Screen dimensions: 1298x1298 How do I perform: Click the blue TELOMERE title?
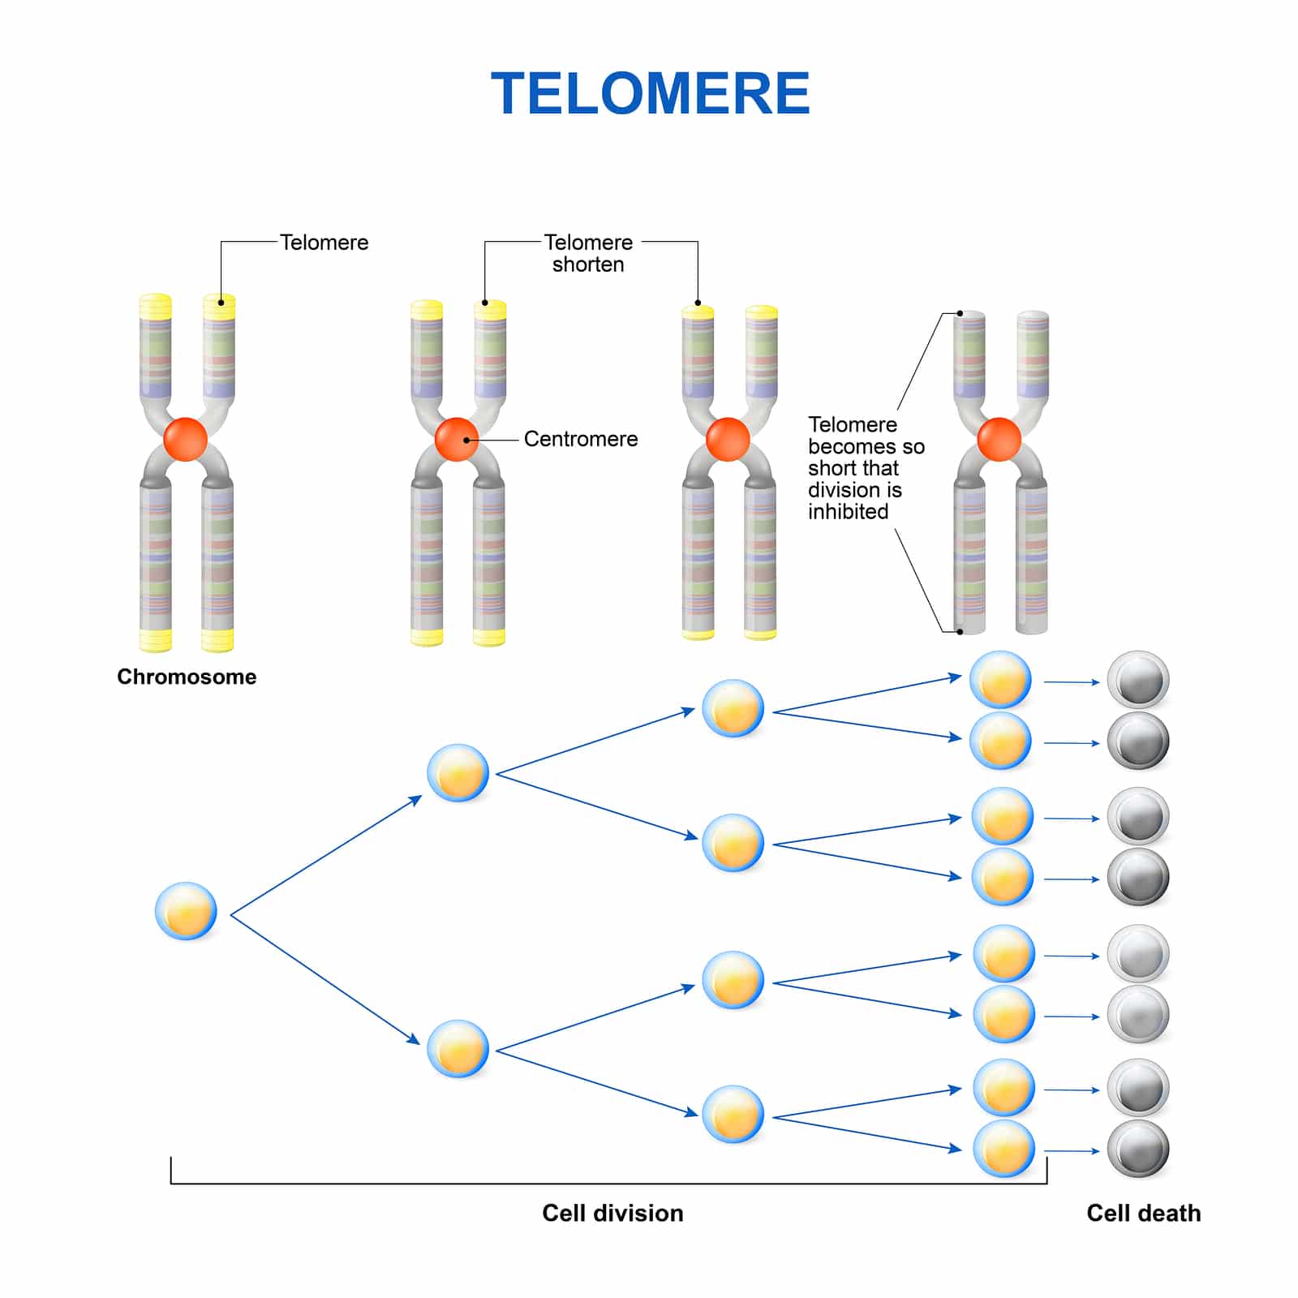pyautogui.click(x=650, y=93)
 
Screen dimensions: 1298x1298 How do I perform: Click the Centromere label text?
pyautogui.click(x=580, y=439)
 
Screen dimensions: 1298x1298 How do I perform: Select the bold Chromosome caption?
pyautogui.click(x=187, y=677)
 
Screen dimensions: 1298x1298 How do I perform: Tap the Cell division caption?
pyautogui.click(x=612, y=1213)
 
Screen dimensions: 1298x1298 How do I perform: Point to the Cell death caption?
pyautogui.click(x=1143, y=1213)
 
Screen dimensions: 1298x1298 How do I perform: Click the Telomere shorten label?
pyautogui.click(x=588, y=253)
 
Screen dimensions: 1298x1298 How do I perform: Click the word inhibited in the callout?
pyautogui.click(x=848, y=512)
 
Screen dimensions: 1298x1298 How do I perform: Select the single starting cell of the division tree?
pyautogui.click(x=186, y=911)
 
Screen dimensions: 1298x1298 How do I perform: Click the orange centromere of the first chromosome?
pyautogui.click(x=186, y=439)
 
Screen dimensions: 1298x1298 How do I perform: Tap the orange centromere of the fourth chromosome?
pyautogui.click(x=999, y=439)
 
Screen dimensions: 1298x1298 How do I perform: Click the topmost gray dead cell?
pyautogui.click(x=1138, y=680)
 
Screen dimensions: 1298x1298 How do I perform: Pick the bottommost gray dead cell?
pyautogui.click(x=1138, y=1149)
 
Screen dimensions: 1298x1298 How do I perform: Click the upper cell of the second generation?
pyautogui.click(x=458, y=773)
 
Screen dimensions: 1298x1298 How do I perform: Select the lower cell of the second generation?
pyautogui.click(x=458, y=1048)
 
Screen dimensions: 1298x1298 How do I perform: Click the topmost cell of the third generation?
pyautogui.click(x=733, y=708)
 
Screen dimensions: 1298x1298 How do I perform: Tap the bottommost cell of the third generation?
pyautogui.click(x=733, y=1114)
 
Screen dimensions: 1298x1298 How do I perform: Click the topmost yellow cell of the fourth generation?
pyautogui.click(x=1000, y=680)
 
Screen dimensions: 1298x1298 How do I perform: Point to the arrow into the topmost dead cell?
pyautogui.click(x=1071, y=682)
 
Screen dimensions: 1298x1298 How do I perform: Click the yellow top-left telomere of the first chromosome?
pyautogui.click(x=155, y=307)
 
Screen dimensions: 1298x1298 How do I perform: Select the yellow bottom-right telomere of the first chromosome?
pyautogui.click(x=217, y=640)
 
